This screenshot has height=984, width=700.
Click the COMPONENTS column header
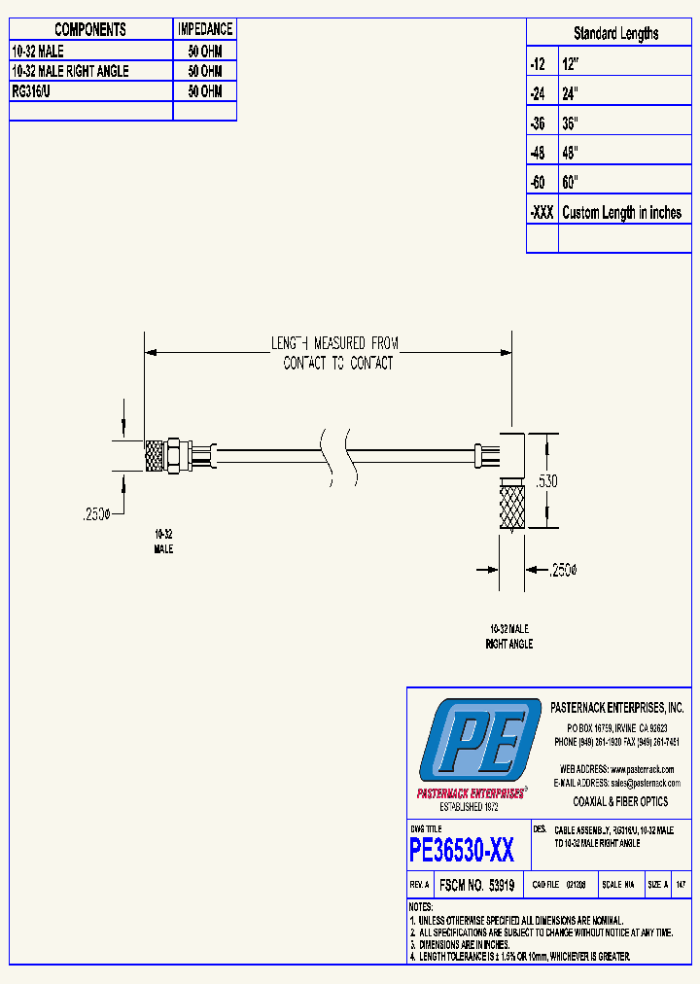tap(90, 30)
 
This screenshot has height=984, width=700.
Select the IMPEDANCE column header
tap(205, 30)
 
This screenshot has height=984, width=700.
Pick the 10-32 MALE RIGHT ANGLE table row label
tap(69, 71)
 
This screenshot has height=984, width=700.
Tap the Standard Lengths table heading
tap(615, 33)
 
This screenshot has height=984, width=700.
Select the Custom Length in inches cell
tap(621, 213)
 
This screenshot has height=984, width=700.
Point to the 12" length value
tap(570, 63)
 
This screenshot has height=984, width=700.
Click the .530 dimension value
tap(548, 480)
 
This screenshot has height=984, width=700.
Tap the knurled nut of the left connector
tap(153, 455)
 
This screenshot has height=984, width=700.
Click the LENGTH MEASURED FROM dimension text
tap(334, 343)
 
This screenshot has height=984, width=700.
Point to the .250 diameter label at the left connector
tap(96, 515)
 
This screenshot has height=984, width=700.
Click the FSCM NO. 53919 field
tap(476, 886)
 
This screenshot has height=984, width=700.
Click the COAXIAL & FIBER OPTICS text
tap(620, 802)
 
